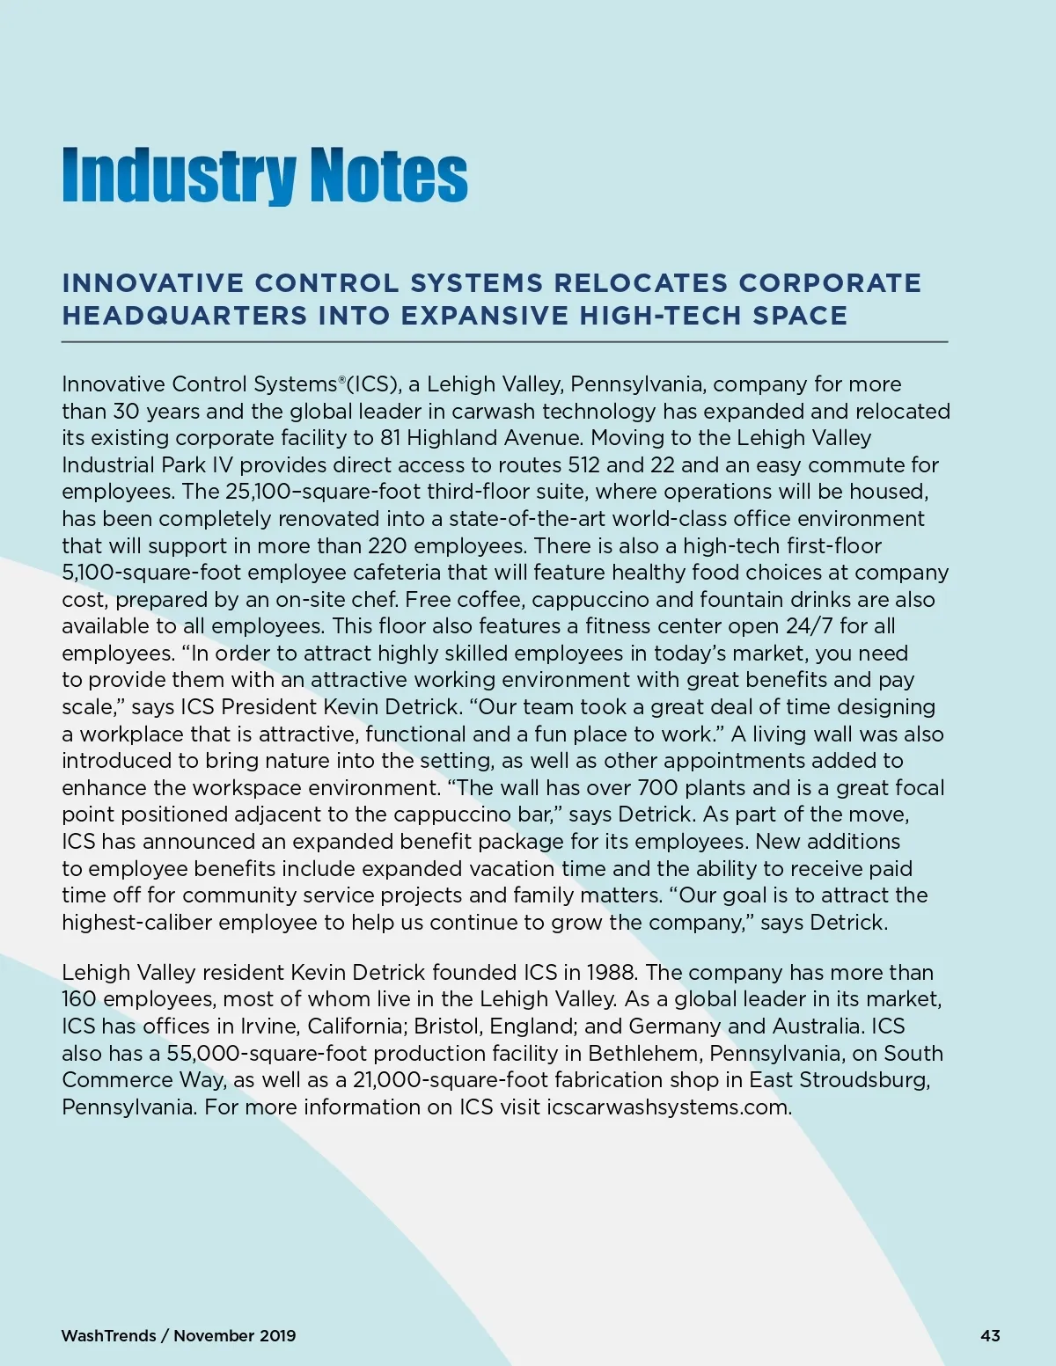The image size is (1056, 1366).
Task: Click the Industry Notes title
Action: pyautogui.click(x=264, y=175)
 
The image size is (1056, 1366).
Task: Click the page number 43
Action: pyautogui.click(x=990, y=1335)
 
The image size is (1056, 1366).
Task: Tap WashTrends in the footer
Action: pyautogui.click(x=108, y=1335)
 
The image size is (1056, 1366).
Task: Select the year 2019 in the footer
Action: pyautogui.click(x=278, y=1335)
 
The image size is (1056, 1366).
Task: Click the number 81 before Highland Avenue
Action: pyautogui.click(x=391, y=438)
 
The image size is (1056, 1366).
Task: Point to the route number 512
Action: pyautogui.click(x=583, y=464)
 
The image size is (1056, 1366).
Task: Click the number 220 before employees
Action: pyautogui.click(x=387, y=545)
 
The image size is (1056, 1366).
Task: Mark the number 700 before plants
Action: pyautogui.click(x=657, y=788)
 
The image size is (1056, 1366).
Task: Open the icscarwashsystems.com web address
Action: pyautogui.click(x=669, y=1107)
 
